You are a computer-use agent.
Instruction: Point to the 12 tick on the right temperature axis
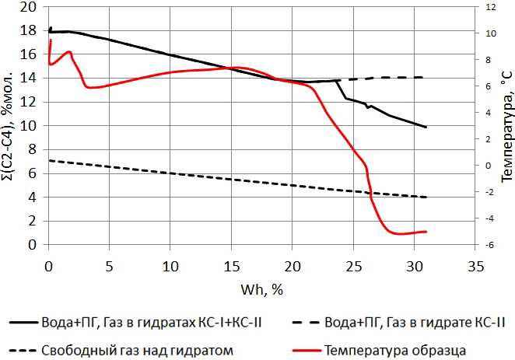[x=491, y=7]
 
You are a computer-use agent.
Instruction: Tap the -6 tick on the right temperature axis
[x=491, y=245]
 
